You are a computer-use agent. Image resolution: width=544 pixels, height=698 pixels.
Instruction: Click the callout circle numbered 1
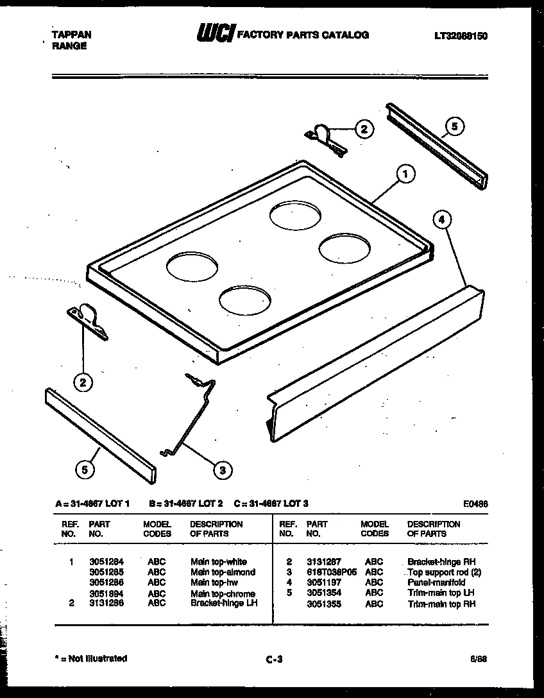pos(405,173)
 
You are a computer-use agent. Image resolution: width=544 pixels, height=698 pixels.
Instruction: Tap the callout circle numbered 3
pos(222,471)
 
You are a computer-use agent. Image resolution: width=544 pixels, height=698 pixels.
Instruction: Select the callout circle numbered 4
pos(441,219)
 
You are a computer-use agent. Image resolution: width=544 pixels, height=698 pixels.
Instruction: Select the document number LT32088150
pos(460,37)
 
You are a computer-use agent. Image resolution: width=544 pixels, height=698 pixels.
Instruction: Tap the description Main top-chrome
pos(223,593)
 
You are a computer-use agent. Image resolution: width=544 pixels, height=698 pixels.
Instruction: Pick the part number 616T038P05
pos(330,572)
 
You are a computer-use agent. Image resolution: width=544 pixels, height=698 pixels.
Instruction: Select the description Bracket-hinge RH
pos(441,561)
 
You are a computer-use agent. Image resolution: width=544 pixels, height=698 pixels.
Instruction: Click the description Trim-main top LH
pos(441,593)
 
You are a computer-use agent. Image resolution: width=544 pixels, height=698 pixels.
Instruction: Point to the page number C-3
pos(273,659)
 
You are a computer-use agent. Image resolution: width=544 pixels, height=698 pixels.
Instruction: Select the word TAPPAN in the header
pos(71,35)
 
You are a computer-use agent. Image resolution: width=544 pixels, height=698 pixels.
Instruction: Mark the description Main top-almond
pos(223,572)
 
